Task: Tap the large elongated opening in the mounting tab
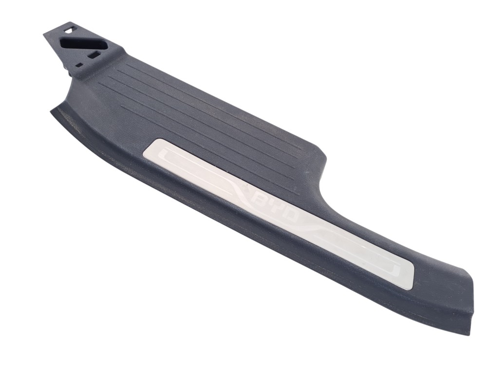click(x=83, y=44)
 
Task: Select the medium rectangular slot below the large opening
click(x=94, y=55)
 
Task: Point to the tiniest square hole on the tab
click(x=79, y=65)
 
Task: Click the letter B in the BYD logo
click(x=260, y=203)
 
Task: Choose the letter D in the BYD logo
click(x=290, y=217)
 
